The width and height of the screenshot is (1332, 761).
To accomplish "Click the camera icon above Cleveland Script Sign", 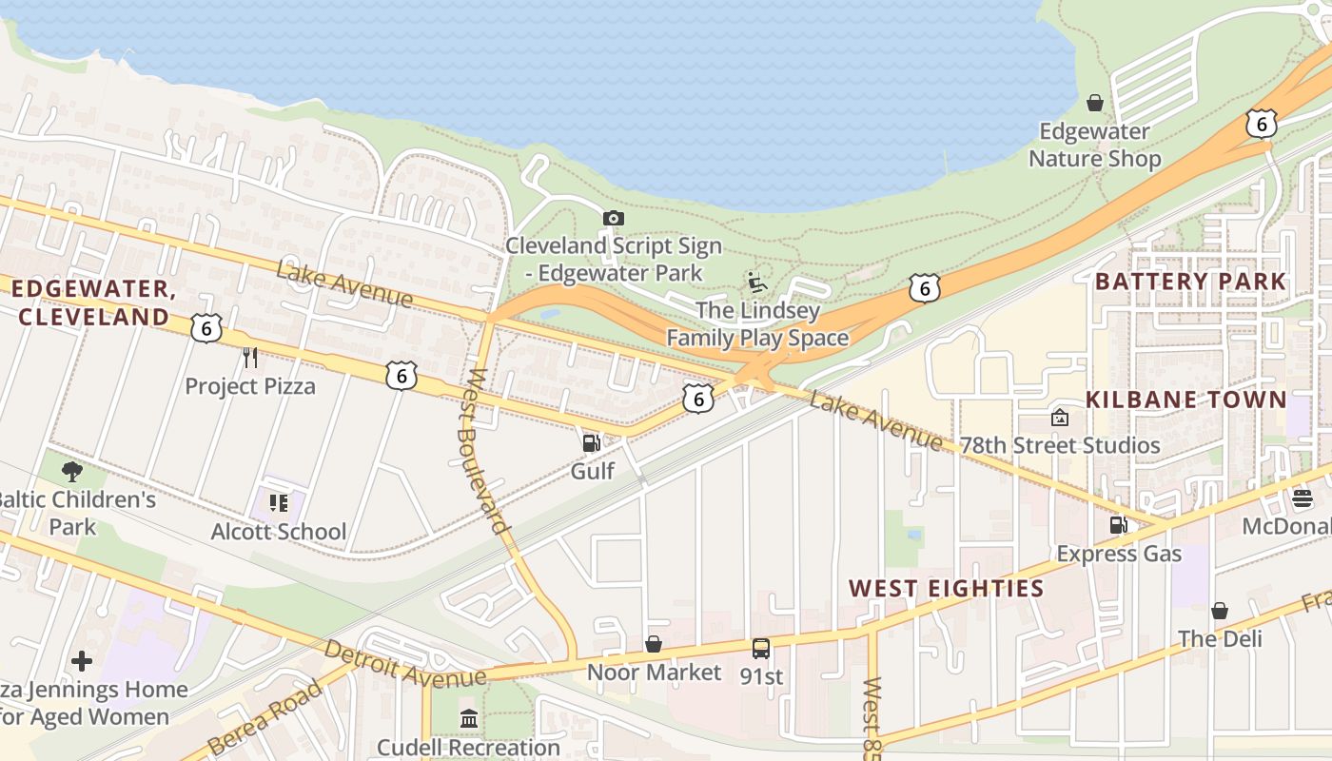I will (614, 219).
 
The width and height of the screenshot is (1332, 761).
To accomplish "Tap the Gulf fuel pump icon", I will (591, 442).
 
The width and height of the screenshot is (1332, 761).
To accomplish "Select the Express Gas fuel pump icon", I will (1119, 525).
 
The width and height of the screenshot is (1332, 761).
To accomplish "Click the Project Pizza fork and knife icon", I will (250, 358).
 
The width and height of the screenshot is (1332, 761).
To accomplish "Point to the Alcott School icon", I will (279, 502).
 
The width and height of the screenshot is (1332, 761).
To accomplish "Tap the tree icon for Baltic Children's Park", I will (71, 471).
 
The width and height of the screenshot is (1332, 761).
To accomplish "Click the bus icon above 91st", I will (761, 649).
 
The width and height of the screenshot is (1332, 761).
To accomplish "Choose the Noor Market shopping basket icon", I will (654, 645).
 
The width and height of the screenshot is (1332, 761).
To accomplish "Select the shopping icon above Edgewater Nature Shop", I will (1095, 103).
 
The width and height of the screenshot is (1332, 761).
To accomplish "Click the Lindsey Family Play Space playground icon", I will (757, 283).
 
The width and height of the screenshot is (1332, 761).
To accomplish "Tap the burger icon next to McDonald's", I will (1302, 498).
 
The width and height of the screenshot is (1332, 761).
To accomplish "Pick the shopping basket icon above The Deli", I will (1220, 611).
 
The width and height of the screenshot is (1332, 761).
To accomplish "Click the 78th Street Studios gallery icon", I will (1059, 418).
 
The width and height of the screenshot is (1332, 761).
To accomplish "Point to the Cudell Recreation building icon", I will (469, 718).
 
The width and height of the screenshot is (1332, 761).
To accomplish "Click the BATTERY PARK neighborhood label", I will (1190, 282).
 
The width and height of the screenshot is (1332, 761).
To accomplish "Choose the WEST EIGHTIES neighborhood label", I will (947, 589).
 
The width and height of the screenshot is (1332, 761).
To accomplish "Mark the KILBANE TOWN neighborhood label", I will (1186, 400).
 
